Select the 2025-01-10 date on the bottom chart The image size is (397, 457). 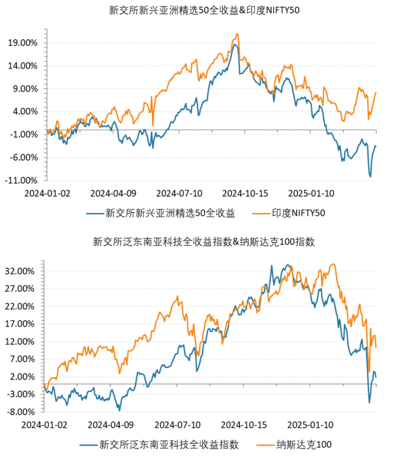(309, 425)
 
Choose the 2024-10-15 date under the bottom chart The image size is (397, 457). (244, 425)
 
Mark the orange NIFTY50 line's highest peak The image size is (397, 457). (236, 34)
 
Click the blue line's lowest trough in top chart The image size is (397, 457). (370, 176)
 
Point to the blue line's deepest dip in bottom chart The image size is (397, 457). (369, 402)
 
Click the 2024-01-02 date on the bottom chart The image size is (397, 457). (46, 425)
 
